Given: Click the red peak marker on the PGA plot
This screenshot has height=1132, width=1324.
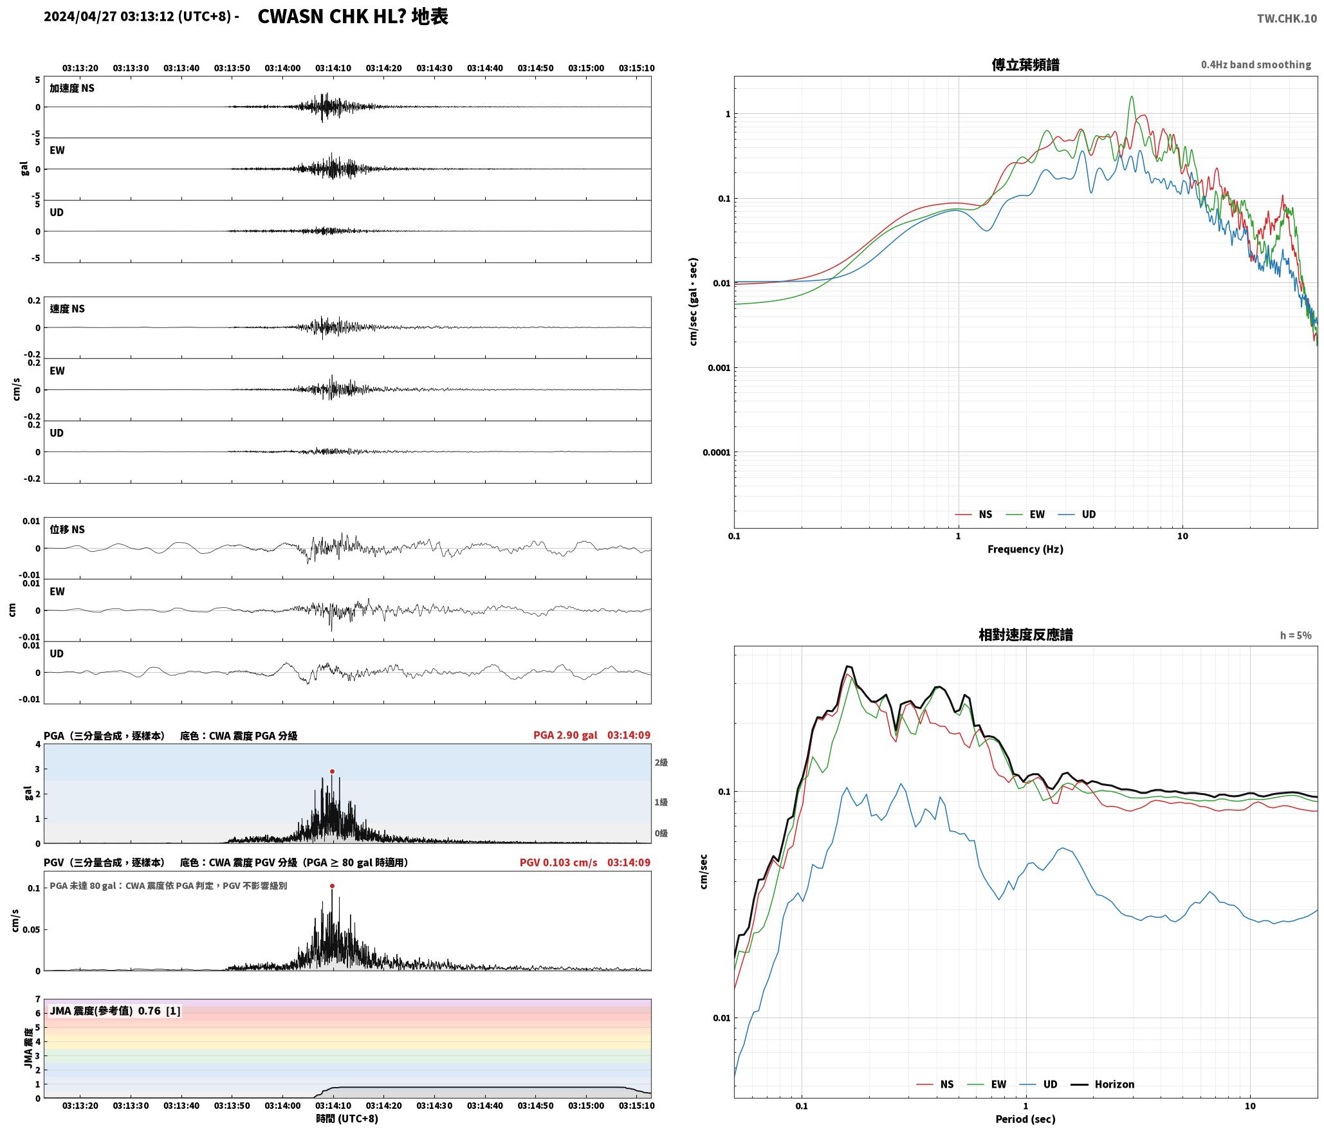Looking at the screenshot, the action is tap(332, 771).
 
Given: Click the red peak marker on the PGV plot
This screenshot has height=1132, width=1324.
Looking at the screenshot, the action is tap(332, 886).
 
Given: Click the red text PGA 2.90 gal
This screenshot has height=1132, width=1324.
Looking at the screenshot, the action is tap(565, 735).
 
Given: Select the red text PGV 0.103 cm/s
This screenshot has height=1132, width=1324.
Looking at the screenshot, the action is tap(558, 863).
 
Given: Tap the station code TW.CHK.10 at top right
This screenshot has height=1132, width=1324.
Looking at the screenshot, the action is tap(1287, 19).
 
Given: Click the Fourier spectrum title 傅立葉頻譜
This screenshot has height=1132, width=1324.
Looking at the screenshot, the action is tap(1025, 64).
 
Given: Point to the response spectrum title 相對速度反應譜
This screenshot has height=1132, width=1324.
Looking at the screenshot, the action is tap(1025, 635).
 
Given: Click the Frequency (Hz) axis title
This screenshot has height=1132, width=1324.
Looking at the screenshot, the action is tap(1025, 549).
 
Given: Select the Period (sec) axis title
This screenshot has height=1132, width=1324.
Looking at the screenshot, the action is tap(1025, 1119).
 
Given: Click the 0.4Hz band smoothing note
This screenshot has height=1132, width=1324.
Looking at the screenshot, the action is tap(1256, 65).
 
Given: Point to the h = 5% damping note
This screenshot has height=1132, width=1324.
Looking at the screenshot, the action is tap(1296, 635).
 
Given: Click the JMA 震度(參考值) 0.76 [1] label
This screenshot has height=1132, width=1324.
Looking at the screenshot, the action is tap(115, 1010).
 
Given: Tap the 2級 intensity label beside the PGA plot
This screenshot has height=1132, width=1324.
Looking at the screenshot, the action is tap(661, 763).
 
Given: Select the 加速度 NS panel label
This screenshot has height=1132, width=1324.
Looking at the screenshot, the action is tap(72, 88).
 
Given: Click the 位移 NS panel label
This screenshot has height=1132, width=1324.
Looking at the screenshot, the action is tap(67, 529).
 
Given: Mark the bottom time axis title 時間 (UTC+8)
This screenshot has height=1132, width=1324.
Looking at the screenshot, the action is tap(347, 1118).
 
